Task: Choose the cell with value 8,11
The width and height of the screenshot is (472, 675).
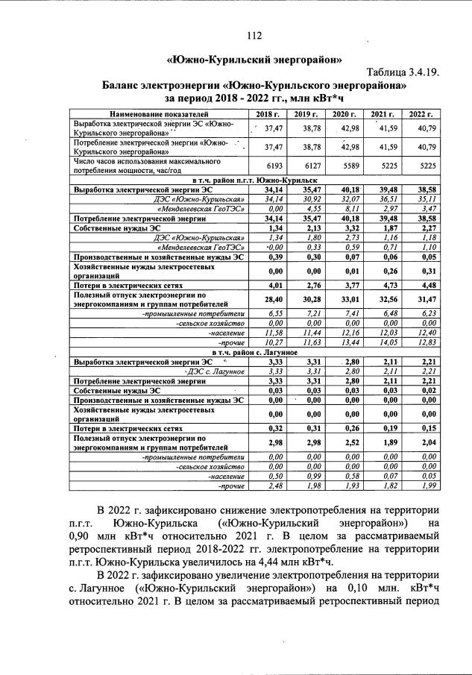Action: coord(350,210)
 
